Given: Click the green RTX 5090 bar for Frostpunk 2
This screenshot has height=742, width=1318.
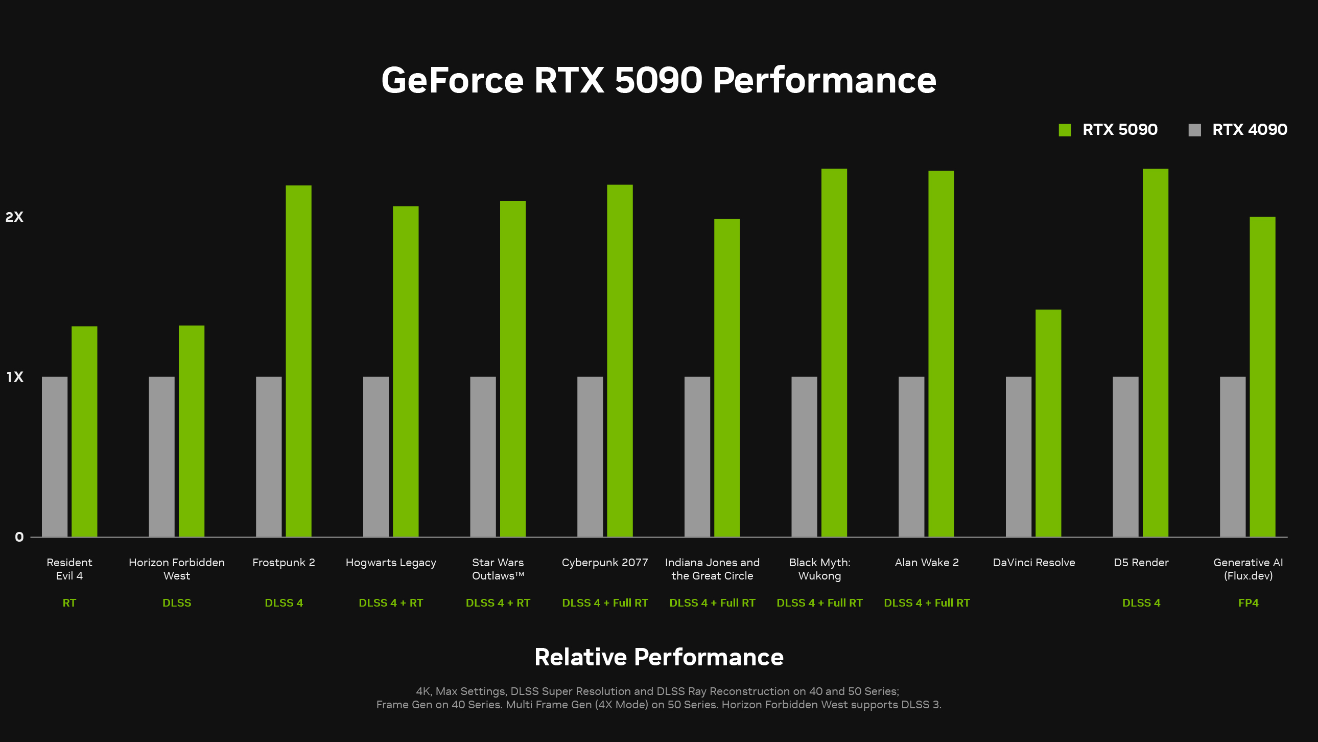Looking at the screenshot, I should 298,361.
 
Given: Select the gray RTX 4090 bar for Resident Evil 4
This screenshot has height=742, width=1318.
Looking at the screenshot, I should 55,456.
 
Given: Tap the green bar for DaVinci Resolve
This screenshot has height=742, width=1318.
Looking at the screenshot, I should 1048,423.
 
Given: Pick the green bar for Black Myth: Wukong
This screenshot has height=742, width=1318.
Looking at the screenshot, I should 834,353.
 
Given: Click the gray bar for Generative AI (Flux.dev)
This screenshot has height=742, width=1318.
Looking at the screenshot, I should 1233,456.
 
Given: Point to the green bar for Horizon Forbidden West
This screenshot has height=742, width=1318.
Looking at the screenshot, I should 192,431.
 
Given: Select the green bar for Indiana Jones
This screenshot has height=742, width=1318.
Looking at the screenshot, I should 726,378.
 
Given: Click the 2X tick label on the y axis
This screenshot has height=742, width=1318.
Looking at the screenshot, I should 14,217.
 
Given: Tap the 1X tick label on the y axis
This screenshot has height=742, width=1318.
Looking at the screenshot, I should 15,377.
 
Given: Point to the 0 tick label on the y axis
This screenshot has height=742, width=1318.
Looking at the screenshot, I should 19,537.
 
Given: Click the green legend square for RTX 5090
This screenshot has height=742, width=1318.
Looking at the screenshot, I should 1065,130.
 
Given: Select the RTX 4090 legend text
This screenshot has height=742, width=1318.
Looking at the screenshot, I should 1249,130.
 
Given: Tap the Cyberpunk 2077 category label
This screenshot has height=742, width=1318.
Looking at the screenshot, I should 605,563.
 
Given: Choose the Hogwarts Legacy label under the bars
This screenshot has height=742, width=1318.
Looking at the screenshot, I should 391,563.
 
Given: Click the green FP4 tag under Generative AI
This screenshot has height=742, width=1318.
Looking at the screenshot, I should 1248,603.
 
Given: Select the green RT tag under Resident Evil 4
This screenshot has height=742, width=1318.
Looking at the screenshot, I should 69,603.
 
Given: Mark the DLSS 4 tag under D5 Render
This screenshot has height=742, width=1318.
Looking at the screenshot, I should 1141,603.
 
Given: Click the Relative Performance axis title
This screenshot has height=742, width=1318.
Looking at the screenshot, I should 658,657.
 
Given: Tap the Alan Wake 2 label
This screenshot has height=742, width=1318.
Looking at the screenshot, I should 927,563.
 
